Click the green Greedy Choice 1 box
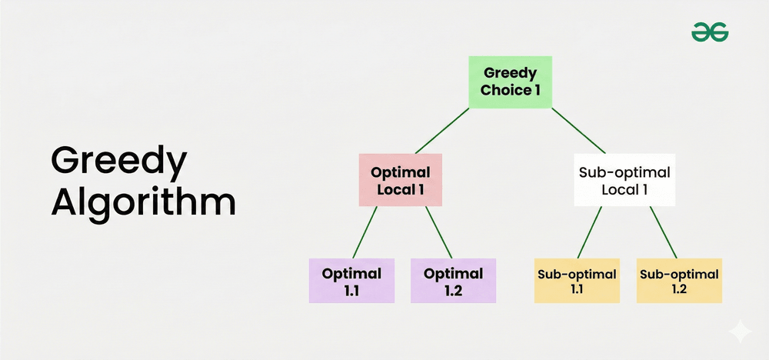coord(510,82)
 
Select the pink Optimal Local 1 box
coord(400,180)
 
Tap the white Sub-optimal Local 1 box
coord(624,180)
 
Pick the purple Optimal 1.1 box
coord(351,281)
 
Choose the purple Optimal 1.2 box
coord(453,281)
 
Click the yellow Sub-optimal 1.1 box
coord(577,281)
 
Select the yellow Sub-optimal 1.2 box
coord(679,281)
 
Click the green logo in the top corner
coord(710,32)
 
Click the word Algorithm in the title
coord(143,203)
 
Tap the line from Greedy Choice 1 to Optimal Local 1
coord(442,131)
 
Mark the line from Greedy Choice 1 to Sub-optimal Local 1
coord(579,131)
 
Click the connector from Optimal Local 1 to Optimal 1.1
coord(365,232)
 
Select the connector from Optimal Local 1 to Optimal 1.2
coord(438,232)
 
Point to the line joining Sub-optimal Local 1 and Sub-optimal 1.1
coord(590,232)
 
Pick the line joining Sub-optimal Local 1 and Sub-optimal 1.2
coord(664,232)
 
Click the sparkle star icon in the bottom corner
coord(740,332)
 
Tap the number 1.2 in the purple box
coord(453,290)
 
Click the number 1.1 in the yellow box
coord(577,289)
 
